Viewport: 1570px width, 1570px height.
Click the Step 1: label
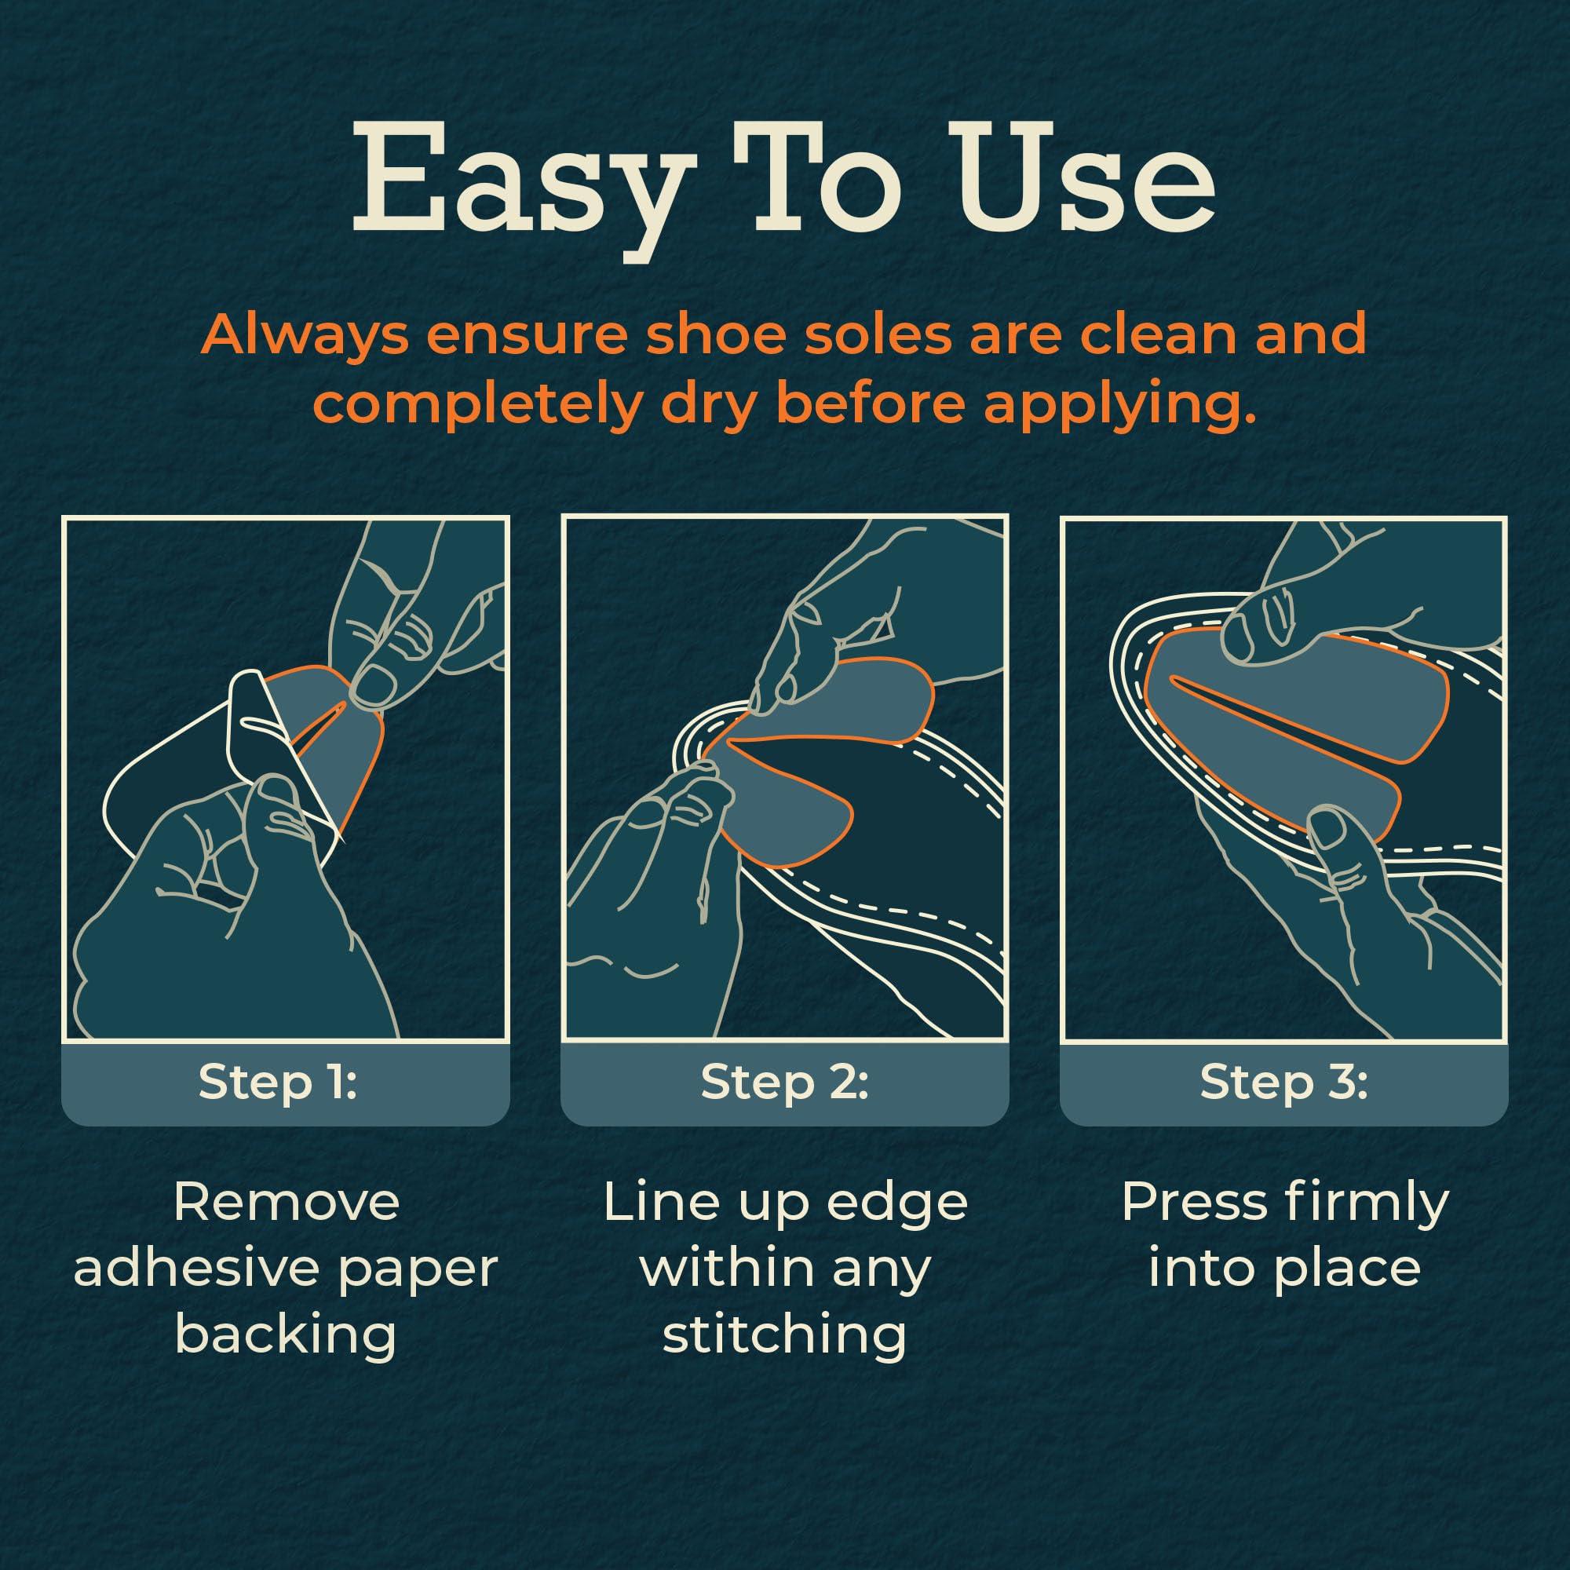[x=278, y=1082]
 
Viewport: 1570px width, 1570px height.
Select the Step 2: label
[x=785, y=1082]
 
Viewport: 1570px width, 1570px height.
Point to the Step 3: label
[x=1284, y=1082]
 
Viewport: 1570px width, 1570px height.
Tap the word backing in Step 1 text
[x=286, y=1334]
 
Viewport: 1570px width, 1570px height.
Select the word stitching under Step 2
[x=785, y=1334]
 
